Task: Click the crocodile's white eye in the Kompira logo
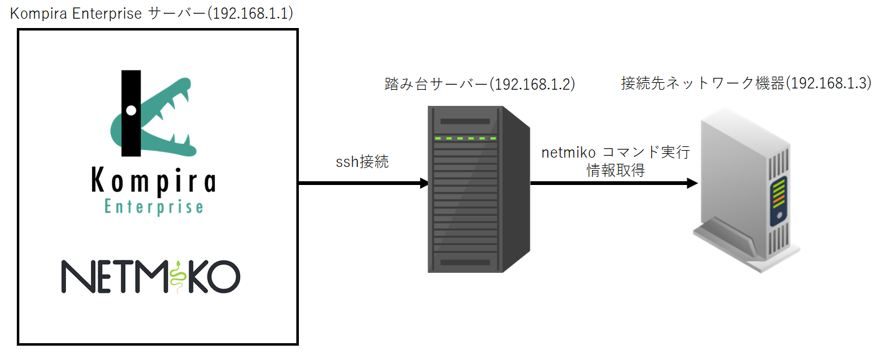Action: click(x=131, y=110)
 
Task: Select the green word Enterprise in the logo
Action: click(x=154, y=206)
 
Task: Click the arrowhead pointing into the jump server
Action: click(x=424, y=184)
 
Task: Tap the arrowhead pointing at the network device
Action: click(x=692, y=184)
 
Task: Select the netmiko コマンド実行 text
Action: click(x=615, y=153)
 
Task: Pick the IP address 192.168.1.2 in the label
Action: click(x=532, y=84)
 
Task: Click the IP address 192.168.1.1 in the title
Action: click(x=252, y=14)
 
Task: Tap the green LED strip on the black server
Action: click(x=466, y=138)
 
